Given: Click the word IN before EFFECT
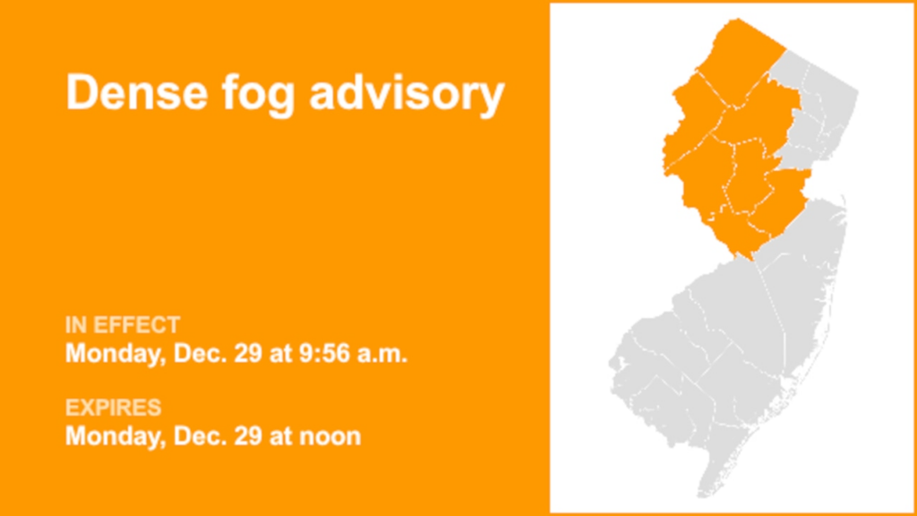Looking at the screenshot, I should (x=75, y=324).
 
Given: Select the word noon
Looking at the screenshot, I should (x=332, y=437).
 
